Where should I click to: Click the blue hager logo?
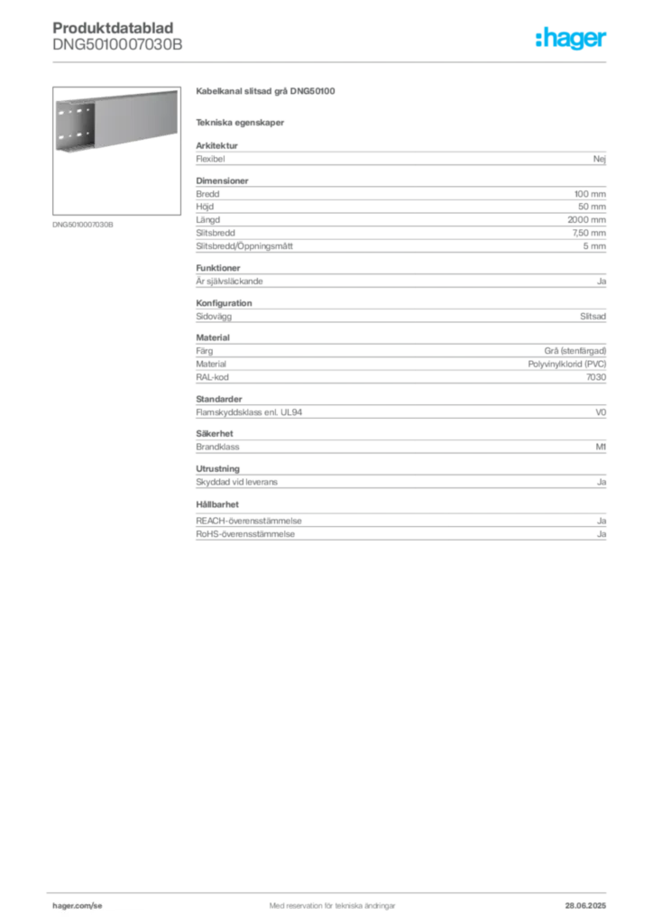pos(572,39)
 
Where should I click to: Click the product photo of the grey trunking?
pos(114,125)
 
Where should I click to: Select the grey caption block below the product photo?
pos(83,224)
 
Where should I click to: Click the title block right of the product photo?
pos(267,92)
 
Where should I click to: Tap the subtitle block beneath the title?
pos(242,122)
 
